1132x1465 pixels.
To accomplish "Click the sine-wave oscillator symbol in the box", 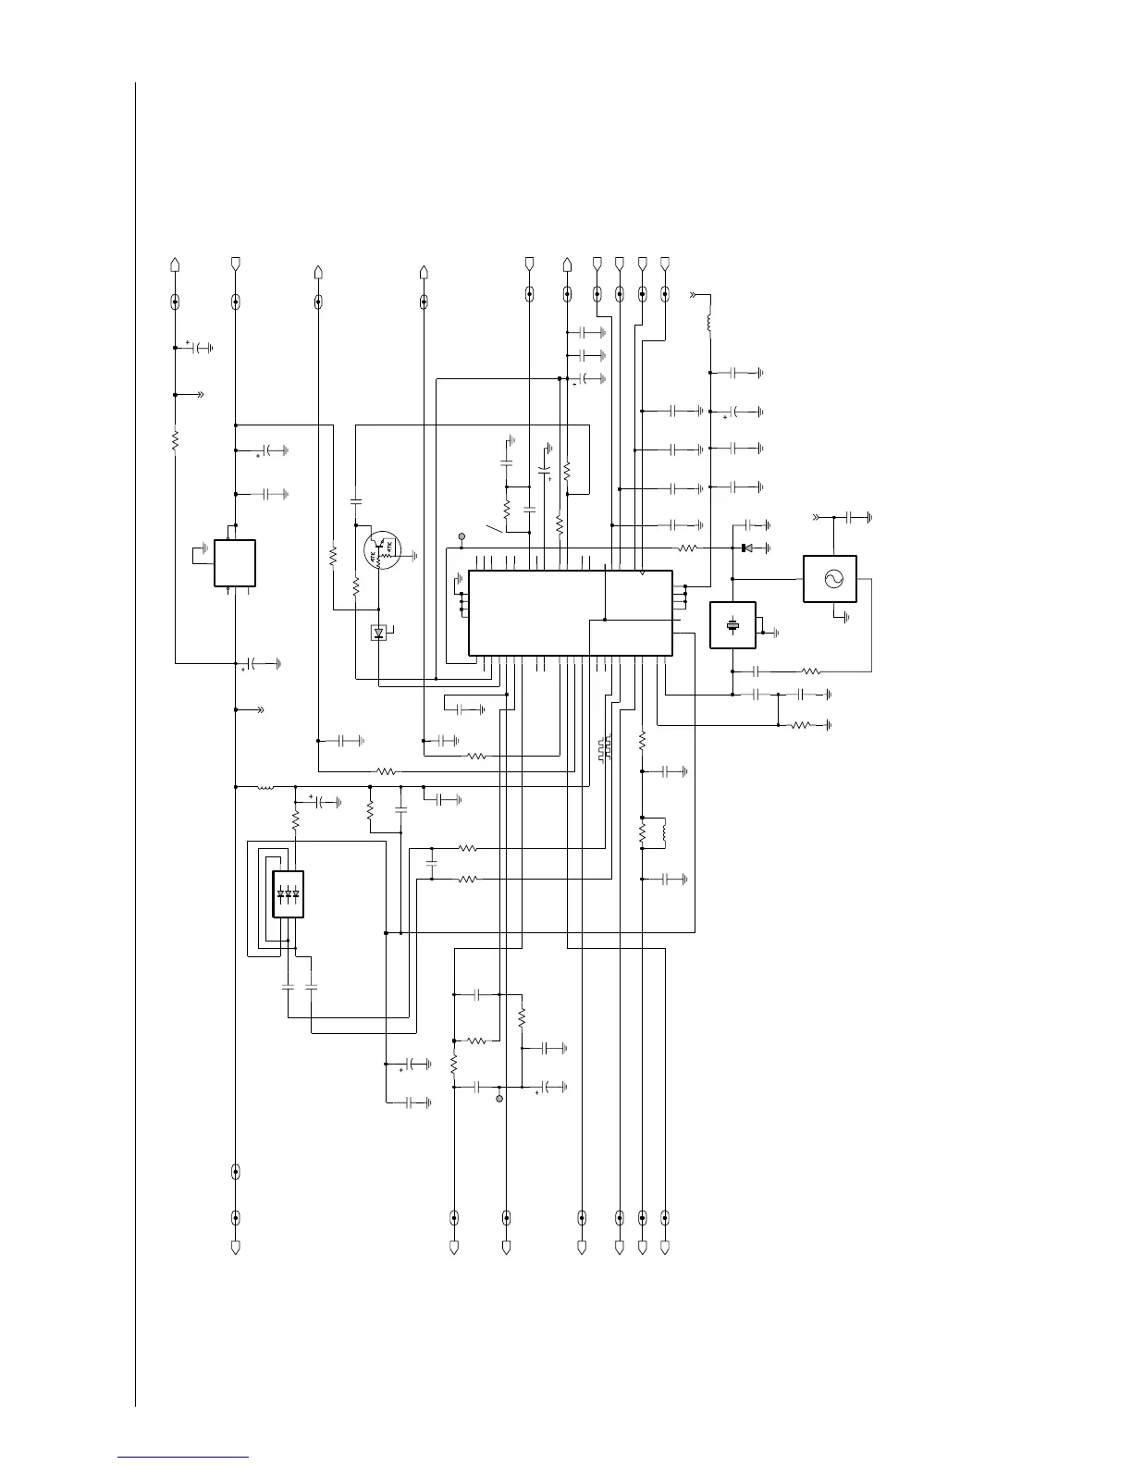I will click(830, 579).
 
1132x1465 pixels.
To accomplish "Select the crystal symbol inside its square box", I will click(732, 625).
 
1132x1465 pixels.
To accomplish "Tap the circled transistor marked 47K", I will click(383, 556).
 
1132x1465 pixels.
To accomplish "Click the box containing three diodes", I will click(289, 894).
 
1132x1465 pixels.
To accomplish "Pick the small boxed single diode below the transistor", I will click(379, 634).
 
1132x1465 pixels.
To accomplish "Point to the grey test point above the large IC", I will click(462, 536).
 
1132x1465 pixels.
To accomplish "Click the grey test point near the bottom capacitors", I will click(499, 1100).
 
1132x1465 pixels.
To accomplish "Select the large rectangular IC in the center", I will click(570, 613).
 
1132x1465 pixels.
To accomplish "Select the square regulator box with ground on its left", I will click(235, 562).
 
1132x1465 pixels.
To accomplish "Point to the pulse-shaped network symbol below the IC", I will click(604, 750).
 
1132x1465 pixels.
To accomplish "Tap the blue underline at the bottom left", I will click(183, 1458).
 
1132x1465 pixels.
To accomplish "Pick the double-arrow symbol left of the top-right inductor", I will click(693, 295).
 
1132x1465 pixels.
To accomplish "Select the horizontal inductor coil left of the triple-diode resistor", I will click(265, 787).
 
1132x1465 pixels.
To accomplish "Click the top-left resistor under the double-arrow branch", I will click(175, 439).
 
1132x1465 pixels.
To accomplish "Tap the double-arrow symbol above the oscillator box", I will click(816, 516).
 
